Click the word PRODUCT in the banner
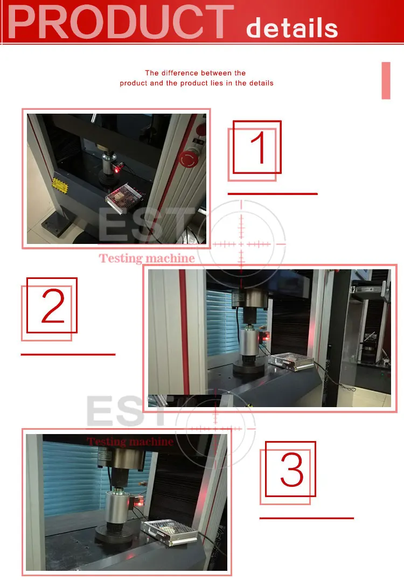pyautogui.click(x=121, y=22)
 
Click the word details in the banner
pyautogui.click(x=292, y=28)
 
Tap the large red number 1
pyautogui.click(x=259, y=147)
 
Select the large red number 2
pyautogui.click(x=53, y=305)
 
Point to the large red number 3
pyautogui.click(x=291, y=469)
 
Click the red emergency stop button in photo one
pyautogui.click(x=189, y=159)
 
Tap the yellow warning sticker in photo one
pyautogui.click(x=60, y=186)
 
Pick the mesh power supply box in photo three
pyautogui.click(x=169, y=532)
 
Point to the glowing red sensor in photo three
pyautogui.click(x=139, y=501)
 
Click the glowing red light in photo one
pyautogui.click(x=117, y=169)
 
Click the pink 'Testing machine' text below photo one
pyautogui.click(x=147, y=258)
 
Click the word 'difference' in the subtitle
pyautogui.click(x=179, y=73)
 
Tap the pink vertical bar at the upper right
pyautogui.click(x=386, y=81)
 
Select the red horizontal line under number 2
pyautogui.click(x=68, y=354)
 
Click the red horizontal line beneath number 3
pyautogui.click(x=307, y=518)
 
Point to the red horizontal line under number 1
pyautogui.click(x=273, y=194)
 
